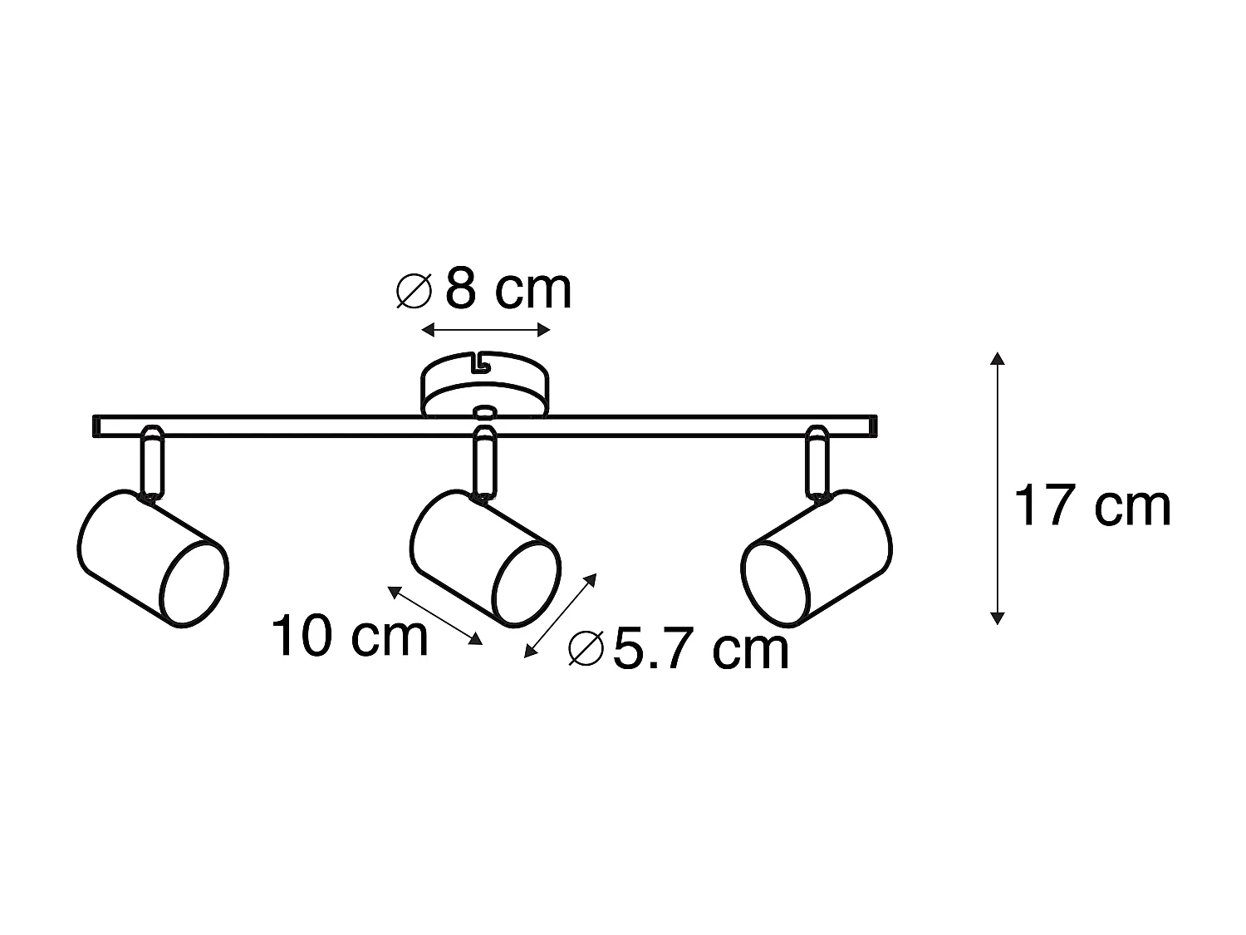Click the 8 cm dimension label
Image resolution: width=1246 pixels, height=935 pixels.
tap(508, 290)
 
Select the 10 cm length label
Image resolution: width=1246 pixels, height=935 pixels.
tap(350, 637)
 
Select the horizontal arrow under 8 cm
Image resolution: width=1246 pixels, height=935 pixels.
tap(486, 331)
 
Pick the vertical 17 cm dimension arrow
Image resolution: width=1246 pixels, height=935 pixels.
tap(998, 488)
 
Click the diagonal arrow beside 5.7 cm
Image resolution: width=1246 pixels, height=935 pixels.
tap(560, 616)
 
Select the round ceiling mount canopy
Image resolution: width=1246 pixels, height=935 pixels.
tap(486, 386)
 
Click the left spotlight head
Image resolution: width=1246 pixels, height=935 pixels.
tap(153, 558)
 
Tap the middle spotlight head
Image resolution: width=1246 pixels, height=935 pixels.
tap(485, 558)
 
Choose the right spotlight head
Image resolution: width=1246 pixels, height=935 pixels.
tap(817, 558)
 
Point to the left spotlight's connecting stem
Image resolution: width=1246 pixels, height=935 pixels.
tap(152, 461)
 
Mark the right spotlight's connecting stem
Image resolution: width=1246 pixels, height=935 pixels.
tap(817, 461)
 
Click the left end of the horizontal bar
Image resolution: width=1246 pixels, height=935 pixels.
tap(98, 426)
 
